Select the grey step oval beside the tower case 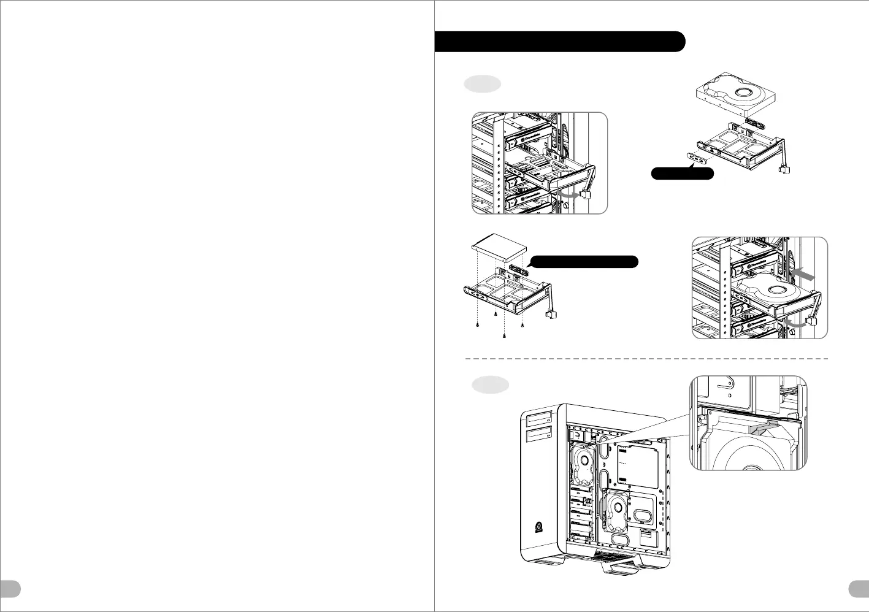[490, 384]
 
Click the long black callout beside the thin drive [584, 262]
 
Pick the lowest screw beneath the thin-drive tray [504, 335]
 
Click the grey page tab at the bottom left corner [10, 588]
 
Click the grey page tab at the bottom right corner [859, 588]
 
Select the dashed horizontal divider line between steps [647, 358]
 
